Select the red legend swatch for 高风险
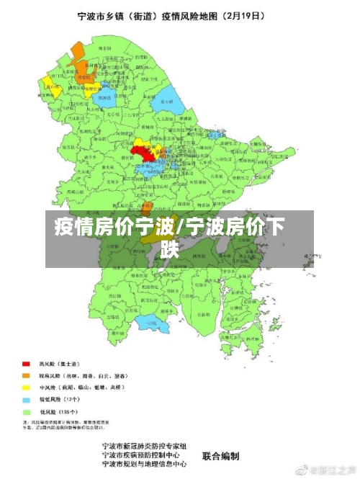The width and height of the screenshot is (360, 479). click(x=26, y=364)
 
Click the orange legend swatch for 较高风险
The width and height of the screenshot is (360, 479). click(x=26, y=375)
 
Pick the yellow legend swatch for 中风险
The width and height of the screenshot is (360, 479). click(x=26, y=387)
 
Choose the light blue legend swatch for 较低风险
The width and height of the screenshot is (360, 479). click(x=26, y=398)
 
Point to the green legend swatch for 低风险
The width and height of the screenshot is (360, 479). click(x=26, y=410)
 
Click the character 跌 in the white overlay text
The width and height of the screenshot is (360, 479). click(x=170, y=249)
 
